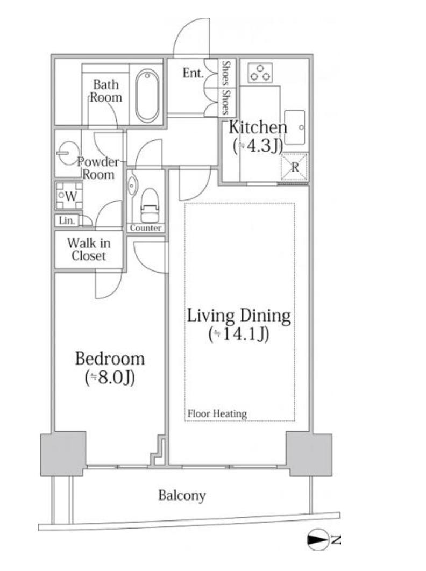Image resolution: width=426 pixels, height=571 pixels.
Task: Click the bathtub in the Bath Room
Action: (x=147, y=96)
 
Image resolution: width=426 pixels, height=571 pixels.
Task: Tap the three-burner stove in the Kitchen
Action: (x=260, y=73)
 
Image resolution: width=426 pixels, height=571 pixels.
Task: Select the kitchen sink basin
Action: (x=294, y=127)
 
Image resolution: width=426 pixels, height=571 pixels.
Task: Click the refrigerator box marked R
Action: (x=294, y=167)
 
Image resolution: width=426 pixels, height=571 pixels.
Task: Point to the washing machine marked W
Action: (x=69, y=196)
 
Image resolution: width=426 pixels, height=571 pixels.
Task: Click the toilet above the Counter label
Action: (x=150, y=205)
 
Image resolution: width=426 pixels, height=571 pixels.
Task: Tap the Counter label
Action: (x=145, y=228)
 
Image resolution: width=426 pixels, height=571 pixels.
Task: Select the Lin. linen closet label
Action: (x=67, y=220)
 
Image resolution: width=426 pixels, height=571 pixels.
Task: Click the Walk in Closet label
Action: (x=89, y=249)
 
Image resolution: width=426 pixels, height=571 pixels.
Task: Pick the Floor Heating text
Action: (x=217, y=413)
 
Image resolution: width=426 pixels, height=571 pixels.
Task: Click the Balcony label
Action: (x=182, y=496)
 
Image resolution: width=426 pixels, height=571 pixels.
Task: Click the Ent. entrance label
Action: (x=193, y=73)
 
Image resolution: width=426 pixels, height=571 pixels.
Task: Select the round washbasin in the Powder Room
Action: (x=68, y=153)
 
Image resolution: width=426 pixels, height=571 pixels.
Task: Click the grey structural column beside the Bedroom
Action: (x=63, y=454)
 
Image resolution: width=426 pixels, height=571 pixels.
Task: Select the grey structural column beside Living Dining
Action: (x=309, y=454)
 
